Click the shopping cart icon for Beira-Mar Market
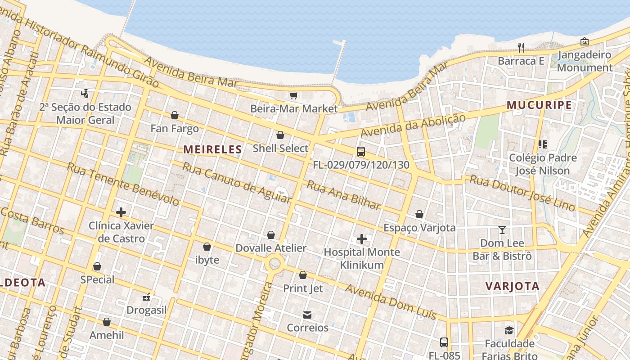[x=293, y=95]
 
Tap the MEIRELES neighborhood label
[x=213, y=149]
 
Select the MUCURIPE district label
[x=539, y=105]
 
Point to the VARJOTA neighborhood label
[x=513, y=286]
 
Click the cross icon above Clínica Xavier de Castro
[x=121, y=212]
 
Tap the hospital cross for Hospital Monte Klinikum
[x=361, y=239]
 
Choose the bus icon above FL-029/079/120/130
[x=360, y=152]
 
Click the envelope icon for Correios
[x=307, y=315]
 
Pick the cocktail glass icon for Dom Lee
[x=502, y=230]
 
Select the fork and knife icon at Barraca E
[x=521, y=47]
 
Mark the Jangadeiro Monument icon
[x=584, y=41]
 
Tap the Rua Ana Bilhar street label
[x=344, y=195]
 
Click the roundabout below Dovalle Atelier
[x=274, y=264]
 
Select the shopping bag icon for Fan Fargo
[x=175, y=116]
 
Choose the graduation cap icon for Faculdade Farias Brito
[x=509, y=331]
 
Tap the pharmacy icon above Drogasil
[x=146, y=297]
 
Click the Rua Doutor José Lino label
[x=522, y=193]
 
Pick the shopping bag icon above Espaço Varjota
[x=419, y=214]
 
